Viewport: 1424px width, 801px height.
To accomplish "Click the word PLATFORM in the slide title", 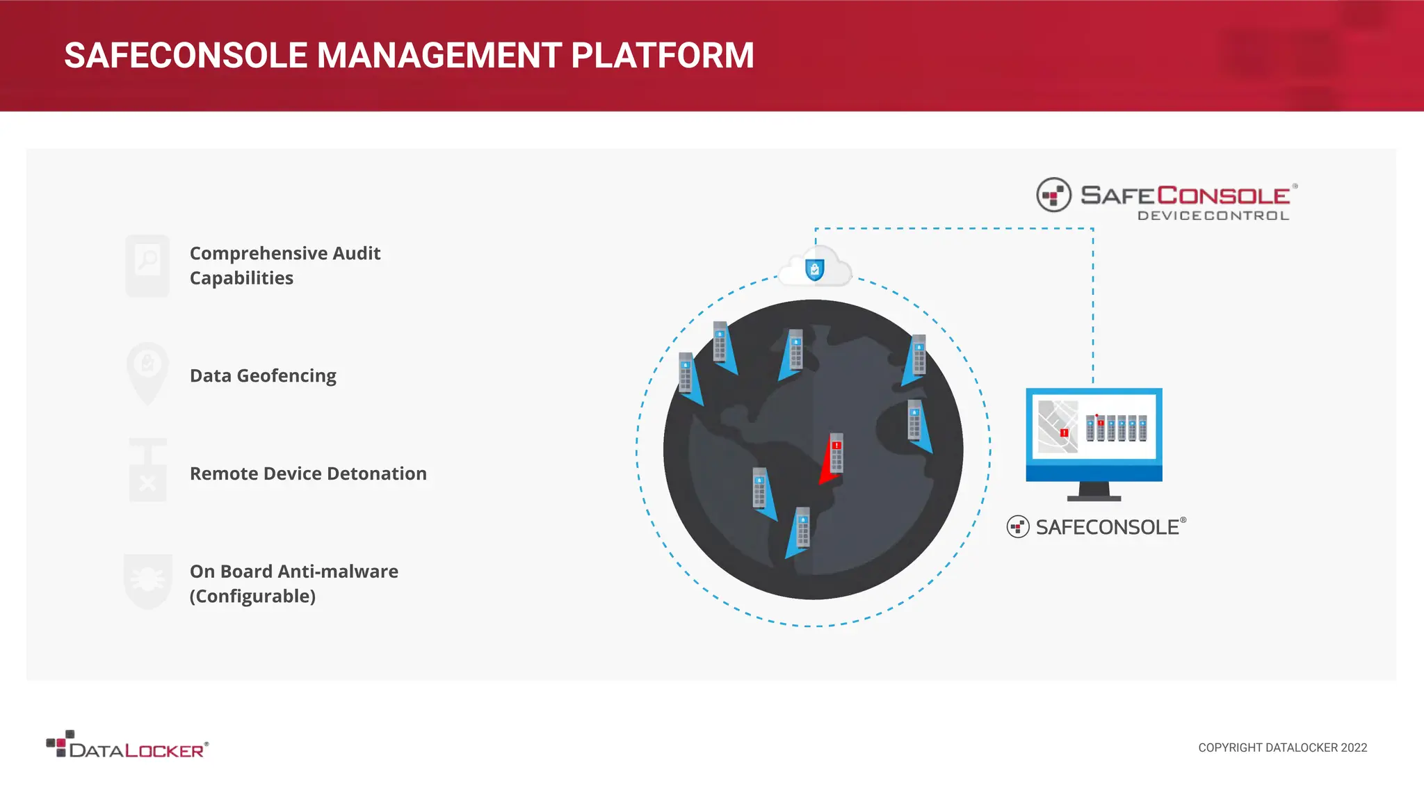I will click(662, 56).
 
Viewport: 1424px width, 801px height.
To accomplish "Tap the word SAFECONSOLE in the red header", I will click(186, 56).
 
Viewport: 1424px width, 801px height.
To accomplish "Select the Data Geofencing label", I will click(263, 375).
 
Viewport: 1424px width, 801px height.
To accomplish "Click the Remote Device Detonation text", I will click(308, 474).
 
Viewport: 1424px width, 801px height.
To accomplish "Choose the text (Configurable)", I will click(252, 596).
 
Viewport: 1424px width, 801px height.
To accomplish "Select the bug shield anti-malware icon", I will click(147, 580).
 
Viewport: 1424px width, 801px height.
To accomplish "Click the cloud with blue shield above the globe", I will click(815, 268).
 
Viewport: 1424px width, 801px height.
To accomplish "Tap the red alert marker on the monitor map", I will click(1064, 432).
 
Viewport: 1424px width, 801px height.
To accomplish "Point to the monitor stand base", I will click(1094, 496).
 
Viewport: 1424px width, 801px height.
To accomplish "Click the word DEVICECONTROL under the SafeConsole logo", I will click(1213, 216).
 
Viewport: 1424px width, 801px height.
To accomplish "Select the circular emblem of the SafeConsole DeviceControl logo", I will click(1054, 195).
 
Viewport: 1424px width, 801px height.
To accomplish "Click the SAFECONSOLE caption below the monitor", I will click(1107, 527).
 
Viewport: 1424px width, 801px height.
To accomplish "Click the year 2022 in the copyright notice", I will click(1354, 747).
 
